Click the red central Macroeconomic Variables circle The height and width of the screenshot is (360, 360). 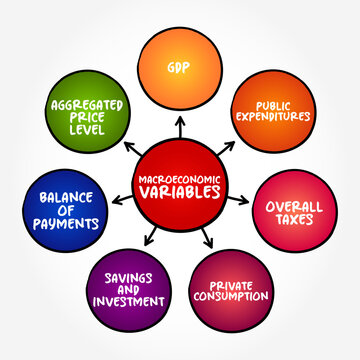(x=181, y=188)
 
